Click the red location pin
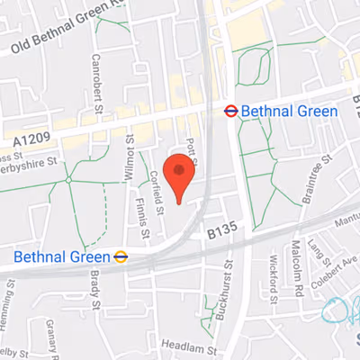pos(182,176)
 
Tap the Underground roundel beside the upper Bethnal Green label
pos(230,111)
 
